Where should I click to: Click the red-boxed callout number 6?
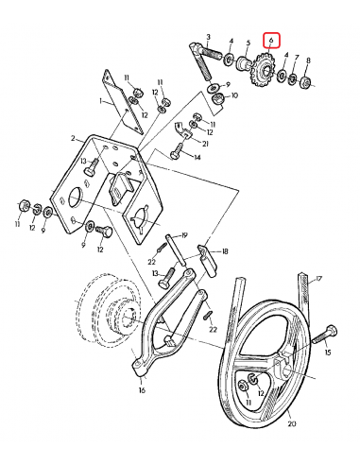click(x=271, y=42)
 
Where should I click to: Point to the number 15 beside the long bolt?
click(x=328, y=353)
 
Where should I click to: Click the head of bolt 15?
click(x=332, y=331)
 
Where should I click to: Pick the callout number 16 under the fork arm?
click(x=142, y=389)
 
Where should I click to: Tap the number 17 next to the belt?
click(x=318, y=279)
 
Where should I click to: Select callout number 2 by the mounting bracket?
click(x=71, y=138)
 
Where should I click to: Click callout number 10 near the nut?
click(x=234, y=95)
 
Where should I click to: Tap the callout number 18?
click(x=224, y=253)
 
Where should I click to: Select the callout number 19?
click(x=186, y=234)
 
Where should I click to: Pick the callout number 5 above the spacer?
click(x=248, y=43)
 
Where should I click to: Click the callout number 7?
click(x=296, y=59)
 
